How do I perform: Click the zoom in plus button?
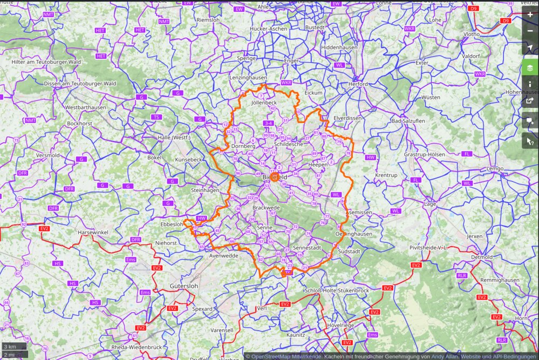click(x=530, y=15)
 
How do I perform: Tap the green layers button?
click(x=530, y=68)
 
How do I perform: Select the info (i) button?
click(x=530, y=84)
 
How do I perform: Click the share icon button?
click(x=530, y=100)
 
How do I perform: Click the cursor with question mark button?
click(x=530, y=140)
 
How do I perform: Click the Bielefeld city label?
click(x=275, y=177)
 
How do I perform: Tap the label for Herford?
click(x=358, y=84)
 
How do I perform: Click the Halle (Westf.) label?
click(x=174, y=138)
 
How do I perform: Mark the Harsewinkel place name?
click(x=93, y=232)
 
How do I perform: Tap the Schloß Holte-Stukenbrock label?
click(x=337, y=290)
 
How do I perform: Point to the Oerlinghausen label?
click(x=353, y=234)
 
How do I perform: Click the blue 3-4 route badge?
click(x=268, y=124)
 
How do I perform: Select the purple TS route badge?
click(x=156, y=117)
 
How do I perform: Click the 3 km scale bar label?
click(x=9, y=346)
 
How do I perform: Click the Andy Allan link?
click(x=444, y=356)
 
